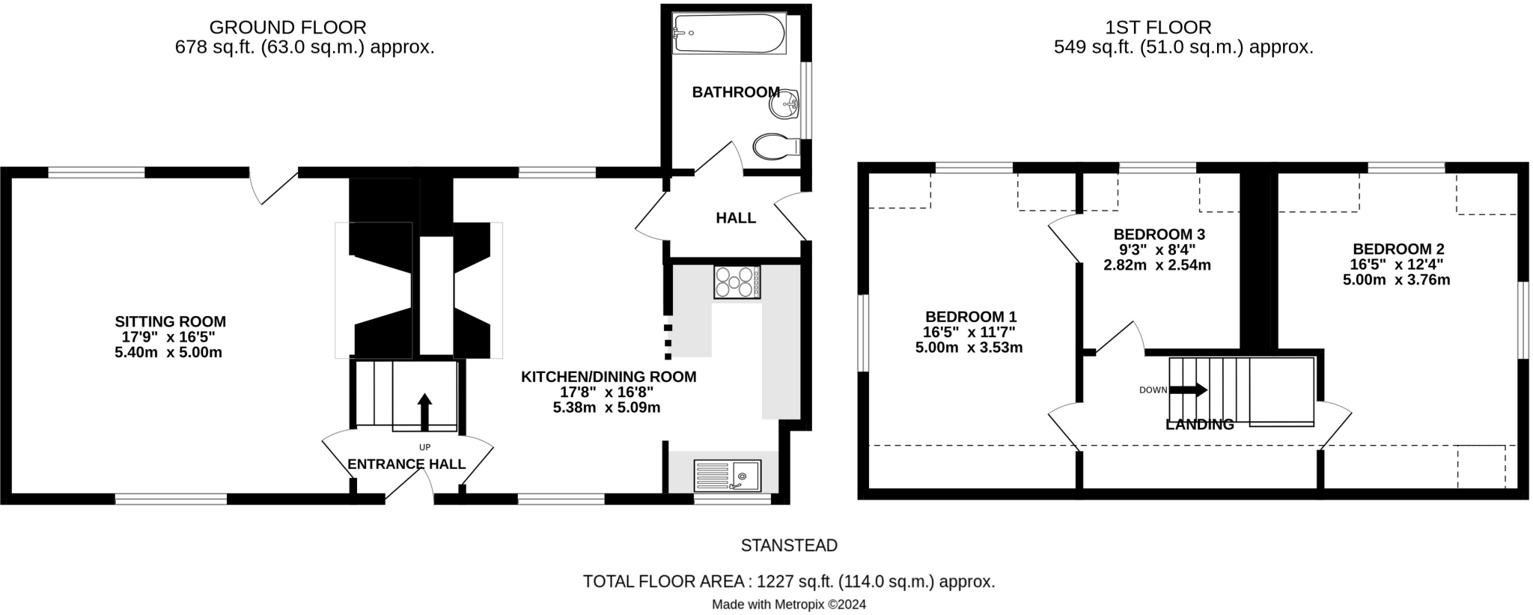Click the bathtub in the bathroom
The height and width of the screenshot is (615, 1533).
(x=729, y=34)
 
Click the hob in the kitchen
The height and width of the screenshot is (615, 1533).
(x=737, y=282)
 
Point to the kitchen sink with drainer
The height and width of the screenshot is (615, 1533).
(x=727, y=475)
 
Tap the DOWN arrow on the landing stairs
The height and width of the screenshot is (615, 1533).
(x=1188, y=390)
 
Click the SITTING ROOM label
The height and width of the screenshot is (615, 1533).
(x=170, y=321)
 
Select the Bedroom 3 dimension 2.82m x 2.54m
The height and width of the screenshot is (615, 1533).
(x=1156, y=265)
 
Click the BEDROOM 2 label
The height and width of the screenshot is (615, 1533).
(x=1398, y=249)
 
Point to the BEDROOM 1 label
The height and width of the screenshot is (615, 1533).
(x=970, y=316)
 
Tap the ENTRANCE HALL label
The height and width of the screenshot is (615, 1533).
(x=406, y=464)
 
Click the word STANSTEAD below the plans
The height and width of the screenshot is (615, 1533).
(x=789, y=545)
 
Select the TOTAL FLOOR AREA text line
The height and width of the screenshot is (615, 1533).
(x=789, y=581)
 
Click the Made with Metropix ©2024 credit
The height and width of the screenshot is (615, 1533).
(x=789, y=605)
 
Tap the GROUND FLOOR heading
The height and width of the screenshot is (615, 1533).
(x=287, y=28)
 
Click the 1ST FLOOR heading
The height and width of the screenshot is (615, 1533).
(x=1158, y=28)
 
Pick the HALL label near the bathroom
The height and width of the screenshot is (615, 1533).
(x=735, y=218)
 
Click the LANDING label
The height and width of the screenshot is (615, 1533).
(x=1199, y=425)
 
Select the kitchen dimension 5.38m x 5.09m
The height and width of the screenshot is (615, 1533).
(x=606, y=408)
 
